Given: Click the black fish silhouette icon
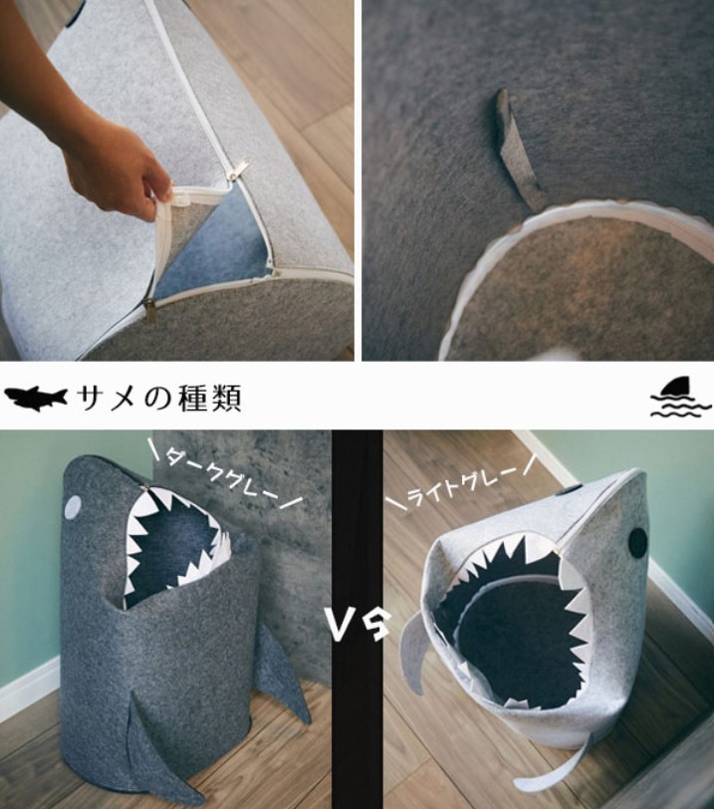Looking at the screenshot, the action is point(36,398).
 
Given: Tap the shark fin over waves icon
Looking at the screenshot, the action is point(680,398).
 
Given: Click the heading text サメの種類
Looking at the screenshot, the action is point(159,399).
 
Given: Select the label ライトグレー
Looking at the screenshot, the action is point(460,486).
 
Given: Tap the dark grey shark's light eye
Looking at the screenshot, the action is point(72,508).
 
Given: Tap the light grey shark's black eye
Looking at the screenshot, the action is point(637,542).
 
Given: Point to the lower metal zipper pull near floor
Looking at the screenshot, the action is point(150,311).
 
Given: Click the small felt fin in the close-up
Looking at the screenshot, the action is point(519,149).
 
